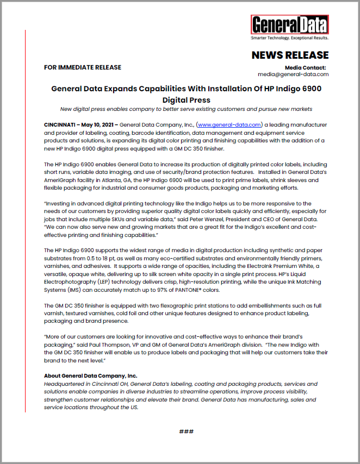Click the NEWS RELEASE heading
coord(289,55)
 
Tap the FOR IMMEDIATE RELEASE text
coord(83,67)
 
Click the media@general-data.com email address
coord(293,74)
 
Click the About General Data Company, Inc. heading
coord(90,375)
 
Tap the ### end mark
coord(187,431)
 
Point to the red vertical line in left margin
coord(26,217)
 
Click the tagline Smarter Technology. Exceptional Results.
coord(289,39)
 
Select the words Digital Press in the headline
coord(187,100)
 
